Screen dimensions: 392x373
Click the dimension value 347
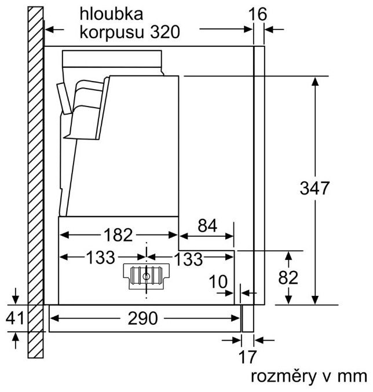[315, 188]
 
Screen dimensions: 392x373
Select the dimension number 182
[119, 235]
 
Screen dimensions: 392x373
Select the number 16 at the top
[259, 14]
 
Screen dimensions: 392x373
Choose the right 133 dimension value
[189, 258]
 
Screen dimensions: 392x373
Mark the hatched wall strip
[36, 174]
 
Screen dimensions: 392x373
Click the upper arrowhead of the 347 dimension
[315, 82]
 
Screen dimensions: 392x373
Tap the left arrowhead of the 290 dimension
[54, 318]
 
